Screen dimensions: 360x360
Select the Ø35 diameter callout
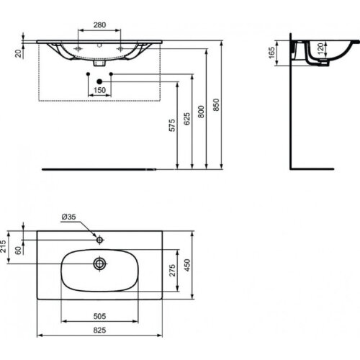point(68,216)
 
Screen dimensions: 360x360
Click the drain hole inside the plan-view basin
point(99,264)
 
